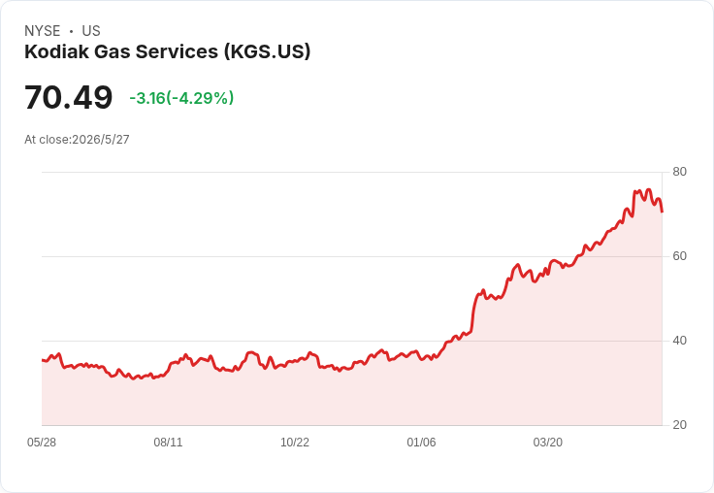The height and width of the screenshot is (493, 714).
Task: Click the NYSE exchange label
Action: [43, 31]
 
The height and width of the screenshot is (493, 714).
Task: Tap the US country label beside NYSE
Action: [91, 31]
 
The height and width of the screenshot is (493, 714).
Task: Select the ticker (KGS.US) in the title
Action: [267, 51]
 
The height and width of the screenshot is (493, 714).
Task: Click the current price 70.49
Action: [68, 97]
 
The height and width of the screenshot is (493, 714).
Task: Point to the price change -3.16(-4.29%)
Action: [181, 98]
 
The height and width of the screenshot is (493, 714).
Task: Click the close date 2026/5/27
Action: [101, 140]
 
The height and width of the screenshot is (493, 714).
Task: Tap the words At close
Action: [47, 140]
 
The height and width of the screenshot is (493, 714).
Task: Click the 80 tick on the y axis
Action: [679, 172]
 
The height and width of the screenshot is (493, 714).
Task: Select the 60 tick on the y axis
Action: [679, 256]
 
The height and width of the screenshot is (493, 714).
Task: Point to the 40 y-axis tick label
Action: [679, 341]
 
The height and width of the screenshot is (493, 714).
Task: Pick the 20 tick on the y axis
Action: [679, 425]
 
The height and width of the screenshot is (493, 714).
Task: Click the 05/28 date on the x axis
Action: [42, 443]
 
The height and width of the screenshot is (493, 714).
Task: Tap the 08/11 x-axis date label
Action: [168, 443]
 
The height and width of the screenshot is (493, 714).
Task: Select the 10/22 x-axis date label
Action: [295, 443]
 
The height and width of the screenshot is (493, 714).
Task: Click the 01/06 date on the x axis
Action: [421, 443]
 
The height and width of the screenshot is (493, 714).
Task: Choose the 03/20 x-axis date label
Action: [548, 443]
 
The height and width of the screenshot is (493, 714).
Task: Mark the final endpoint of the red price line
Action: [662, 212]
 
